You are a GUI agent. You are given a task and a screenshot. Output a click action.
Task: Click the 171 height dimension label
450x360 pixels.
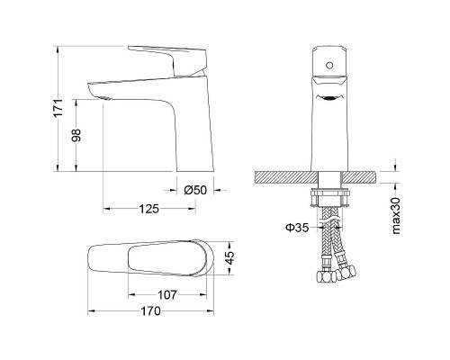pyautogui.click(x=59, y=108)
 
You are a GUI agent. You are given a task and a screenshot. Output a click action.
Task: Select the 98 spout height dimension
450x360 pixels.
pyautogui.click(x=76, y=135)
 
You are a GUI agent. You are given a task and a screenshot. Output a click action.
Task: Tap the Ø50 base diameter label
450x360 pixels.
pyautogui.click(x=195, y=190)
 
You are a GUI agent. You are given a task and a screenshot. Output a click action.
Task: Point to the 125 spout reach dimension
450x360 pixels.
pyautogui.click(x=148, y=209)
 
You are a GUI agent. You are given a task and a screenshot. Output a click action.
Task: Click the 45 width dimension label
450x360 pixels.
pyautogui.click(x=229, y=258)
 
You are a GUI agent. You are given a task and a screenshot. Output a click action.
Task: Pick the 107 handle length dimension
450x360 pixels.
pyautogui.click(x=167, y=295)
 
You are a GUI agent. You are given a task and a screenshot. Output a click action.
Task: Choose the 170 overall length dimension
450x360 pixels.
pyautogui.click(x=150, y=311)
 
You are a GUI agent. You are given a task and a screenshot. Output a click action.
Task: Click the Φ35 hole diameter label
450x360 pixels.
pyautogui.click(x=297, y=228)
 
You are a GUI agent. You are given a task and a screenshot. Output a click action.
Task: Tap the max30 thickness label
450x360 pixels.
pyautogui.click(x=396, y=215)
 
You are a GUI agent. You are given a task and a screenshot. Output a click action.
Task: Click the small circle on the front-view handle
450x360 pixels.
pyautogui.click(x=329, y=65)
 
